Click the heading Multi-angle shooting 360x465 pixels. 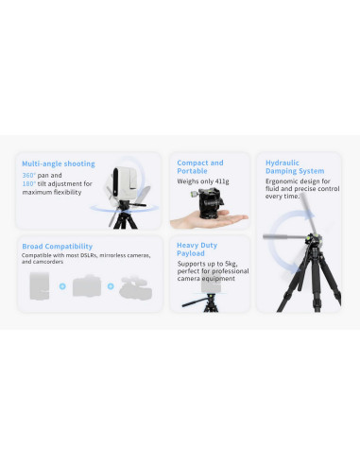[x=59, y=164]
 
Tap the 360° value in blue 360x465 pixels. [x=29, y=175]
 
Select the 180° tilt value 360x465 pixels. [x=29, y=183]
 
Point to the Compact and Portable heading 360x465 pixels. [x=200, y=167]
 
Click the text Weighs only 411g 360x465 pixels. [x=203, y=181]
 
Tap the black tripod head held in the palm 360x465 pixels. [x=210, y=202]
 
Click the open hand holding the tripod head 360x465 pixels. [x=208, y=220]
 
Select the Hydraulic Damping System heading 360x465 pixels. [x=295, y=167]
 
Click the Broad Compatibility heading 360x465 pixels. [x=58, y=247]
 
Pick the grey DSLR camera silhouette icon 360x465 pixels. [x=87, y=286]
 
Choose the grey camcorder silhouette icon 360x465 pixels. [x=135, y=287]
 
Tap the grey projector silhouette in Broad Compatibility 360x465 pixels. [x=40, y=286]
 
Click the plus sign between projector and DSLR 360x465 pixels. [x=62, y=286]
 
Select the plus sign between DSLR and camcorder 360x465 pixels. [x=111, y=286]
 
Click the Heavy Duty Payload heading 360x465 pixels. [x=197, y=250]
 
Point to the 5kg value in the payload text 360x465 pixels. [x=231, y=264]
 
